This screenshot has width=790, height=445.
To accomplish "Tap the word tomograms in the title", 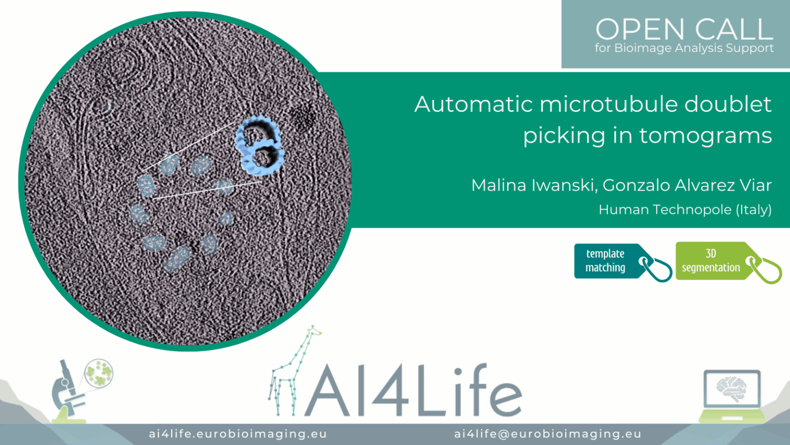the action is pos(705,135).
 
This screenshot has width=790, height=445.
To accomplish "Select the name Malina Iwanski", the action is pos(533,185).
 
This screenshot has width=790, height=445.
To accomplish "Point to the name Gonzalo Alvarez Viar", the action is pos(687,185).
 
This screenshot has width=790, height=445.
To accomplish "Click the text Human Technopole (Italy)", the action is pos(685,210).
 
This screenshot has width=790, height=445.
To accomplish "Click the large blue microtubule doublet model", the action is pos(260,146).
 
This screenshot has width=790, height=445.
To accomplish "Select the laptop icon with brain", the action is pos(732,396).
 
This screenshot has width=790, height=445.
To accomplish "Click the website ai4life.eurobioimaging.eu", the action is pos(238,434).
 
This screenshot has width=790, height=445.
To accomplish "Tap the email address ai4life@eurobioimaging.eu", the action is pos(548,434).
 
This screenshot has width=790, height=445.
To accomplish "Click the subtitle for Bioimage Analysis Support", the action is pos(684,48).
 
